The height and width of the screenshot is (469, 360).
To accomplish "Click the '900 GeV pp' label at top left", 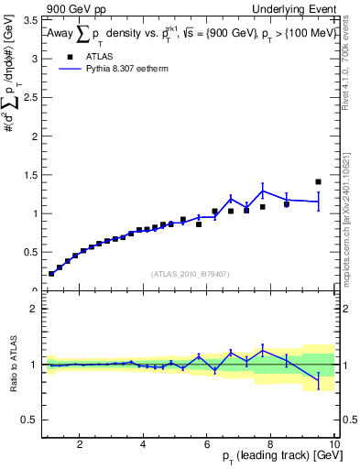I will [x=71, y=8].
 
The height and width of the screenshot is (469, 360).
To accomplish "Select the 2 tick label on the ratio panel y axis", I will [x=34, y=309].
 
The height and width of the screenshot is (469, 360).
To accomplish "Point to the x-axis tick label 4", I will [x=143, y=445].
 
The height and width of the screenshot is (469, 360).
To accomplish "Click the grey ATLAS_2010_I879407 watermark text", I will [x=190, y=273].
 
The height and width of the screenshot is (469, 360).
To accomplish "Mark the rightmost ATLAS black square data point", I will [x=318, y=181].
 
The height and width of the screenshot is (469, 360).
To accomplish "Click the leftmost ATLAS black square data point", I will [x=51, y=273].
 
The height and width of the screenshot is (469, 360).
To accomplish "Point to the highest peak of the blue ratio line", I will [x=263, y=348].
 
